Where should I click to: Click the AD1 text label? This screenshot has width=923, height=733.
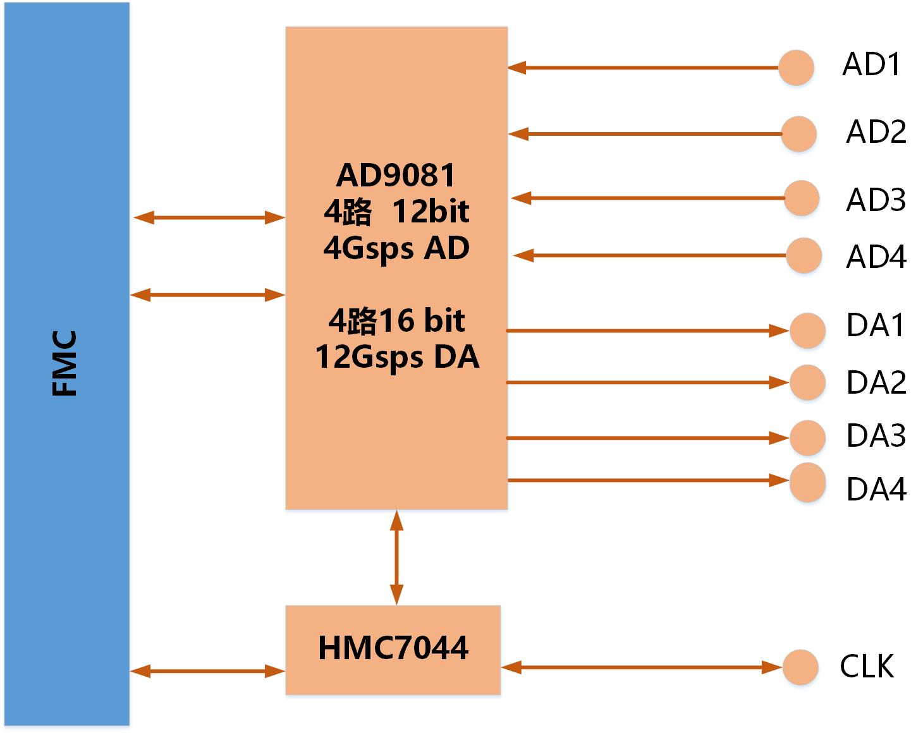pyautogui.click(x=871, y=64)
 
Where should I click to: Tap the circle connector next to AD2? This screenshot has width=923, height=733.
pyautogui.click(x=798, y=134)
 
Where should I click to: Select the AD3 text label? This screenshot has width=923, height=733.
pyautogui.click(x=876, y=200)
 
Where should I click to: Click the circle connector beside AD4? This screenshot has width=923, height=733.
pyautogui.click(x=804, y=255)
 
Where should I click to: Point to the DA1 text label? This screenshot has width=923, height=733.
pyautogui.click(x=875, y=325)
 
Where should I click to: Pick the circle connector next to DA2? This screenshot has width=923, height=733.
pyautogui.click(x=807, y=382)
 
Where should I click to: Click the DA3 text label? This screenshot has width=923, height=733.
pyautogui.click(x=876, y=436)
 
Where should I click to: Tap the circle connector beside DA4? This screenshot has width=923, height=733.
pyautogui.click(x=807, y=482)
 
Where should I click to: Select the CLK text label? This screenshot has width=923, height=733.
pyautogui.click(x=867, y=666)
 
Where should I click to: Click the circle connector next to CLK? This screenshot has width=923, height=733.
pyautogui.click(x=800, y=667)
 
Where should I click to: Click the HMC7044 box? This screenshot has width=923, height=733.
pyautogui.click(x=393, y=650)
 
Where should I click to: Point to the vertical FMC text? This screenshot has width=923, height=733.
pyautogui.click(x=64, y=363)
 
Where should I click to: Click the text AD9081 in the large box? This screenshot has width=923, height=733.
pyautogui.click(x=396, y=176)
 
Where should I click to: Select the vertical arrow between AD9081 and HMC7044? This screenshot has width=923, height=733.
pyautogui.click(x=396, y=557)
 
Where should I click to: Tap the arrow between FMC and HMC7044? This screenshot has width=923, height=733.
pyautogui.click(x=208, y=671)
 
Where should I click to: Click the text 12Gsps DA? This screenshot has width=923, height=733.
pyautogui.click(x=397, y=357)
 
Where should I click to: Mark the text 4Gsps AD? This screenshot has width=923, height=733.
pyautogui.click(x=396, y=248)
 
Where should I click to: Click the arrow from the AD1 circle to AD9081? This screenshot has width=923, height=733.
pyautogui.click(x=642, y=68)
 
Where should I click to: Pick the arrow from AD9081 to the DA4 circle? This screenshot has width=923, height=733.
pyautogui.click(x=648, y=481)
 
